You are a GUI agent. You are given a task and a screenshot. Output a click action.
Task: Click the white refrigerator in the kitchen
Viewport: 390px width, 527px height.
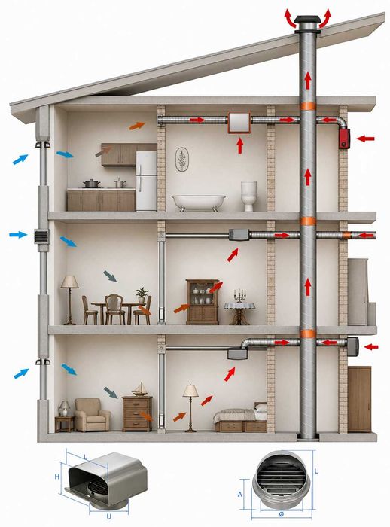146,181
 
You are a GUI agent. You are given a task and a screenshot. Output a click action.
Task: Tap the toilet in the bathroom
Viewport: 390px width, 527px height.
249,196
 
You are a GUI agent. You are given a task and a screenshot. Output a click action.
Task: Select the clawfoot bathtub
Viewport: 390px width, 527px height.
198,203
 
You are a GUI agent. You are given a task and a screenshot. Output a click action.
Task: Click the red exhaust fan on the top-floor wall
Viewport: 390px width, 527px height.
344,139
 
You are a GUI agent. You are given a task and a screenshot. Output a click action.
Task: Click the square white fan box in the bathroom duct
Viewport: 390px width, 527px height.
239,123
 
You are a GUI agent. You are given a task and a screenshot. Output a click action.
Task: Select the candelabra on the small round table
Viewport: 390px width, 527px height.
239,296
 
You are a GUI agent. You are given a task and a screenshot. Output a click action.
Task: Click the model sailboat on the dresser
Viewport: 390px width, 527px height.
139,389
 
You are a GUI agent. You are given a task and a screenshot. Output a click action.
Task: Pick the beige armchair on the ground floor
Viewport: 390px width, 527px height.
92,415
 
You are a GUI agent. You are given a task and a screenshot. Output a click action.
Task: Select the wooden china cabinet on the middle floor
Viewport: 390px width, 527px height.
203,302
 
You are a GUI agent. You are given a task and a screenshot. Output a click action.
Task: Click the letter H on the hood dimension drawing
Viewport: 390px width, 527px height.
56,477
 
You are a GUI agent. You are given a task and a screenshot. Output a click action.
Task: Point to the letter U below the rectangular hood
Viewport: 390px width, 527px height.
108,516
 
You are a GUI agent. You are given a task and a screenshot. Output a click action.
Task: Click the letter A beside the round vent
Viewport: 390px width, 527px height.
239,495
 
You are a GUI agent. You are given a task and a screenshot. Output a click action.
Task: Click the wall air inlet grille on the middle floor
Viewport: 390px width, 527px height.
41,236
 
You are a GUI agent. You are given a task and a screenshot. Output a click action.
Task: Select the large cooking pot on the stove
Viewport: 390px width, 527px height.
91,184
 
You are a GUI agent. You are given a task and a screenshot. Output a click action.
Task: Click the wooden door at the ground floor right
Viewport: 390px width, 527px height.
359,399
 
